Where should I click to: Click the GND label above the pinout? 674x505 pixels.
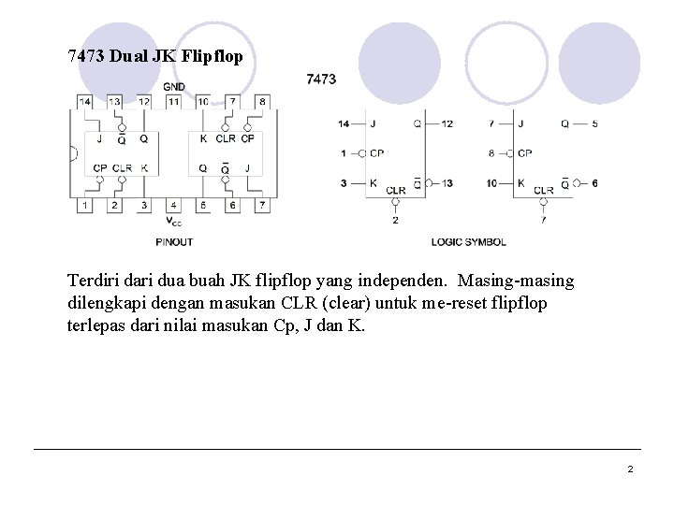(174, 87)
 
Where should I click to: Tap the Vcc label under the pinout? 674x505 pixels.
(174, 222)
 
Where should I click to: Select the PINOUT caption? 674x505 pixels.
(174, 242)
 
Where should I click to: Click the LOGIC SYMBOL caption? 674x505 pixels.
(468, 242)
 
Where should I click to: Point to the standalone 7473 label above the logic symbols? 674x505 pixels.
(321, 79)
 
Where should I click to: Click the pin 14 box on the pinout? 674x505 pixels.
(85, 101)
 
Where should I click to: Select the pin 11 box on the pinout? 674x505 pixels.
(173, 101)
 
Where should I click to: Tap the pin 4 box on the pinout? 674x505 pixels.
(173, 205)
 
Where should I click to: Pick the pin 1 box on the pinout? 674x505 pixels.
(85, 205)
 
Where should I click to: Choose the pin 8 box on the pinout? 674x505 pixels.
(262, 101)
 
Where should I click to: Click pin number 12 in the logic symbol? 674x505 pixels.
(447, 123)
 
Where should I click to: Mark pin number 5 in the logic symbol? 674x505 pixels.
(594, 123)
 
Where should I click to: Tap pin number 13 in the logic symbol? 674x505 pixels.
(447, 183)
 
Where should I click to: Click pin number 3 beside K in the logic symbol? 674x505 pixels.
(344, 183)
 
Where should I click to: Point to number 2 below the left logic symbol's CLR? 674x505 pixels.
(395, 221)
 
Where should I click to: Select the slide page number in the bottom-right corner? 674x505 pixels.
(630, 469)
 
